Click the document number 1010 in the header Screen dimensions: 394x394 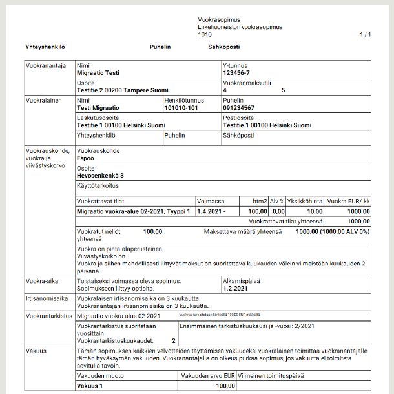(x=205, y=34)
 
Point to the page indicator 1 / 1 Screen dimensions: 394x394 (x=366, y=34)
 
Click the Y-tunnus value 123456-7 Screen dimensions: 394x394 (x=236, y=72)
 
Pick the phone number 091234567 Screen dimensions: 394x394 (x=238, y=108)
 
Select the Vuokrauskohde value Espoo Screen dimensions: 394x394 (x=85, y=157)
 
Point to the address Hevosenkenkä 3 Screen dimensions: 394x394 (x=100, y=175)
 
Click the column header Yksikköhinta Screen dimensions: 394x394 (x=306, y=202)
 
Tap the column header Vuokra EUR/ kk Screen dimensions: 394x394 (x=349, y=202)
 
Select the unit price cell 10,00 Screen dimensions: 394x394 (x=315, y=211)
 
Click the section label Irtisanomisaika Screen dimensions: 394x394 (x=47, y=299)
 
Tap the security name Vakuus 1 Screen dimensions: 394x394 (x=90, y=386)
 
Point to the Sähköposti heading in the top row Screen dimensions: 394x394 (x=223, y=47)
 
